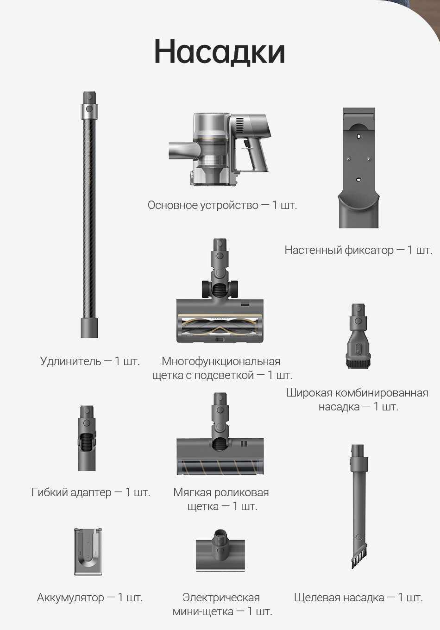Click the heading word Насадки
[x=220, y=52]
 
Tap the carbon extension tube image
[x=89, y=214]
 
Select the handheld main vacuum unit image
[x=220, y=149]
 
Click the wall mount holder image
[x=359, y=168]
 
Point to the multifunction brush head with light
[x=220, y=290]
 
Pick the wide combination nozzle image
[x=358, y=336]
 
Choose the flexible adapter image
[x=87, y=438]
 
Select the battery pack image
[x=88, y=552]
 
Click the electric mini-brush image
[x=220, y=550]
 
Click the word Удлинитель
[x=70, y=361]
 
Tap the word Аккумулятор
[x=70, y=598]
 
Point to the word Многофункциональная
[x=221, y=361]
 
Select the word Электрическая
[x=221, y=598]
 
